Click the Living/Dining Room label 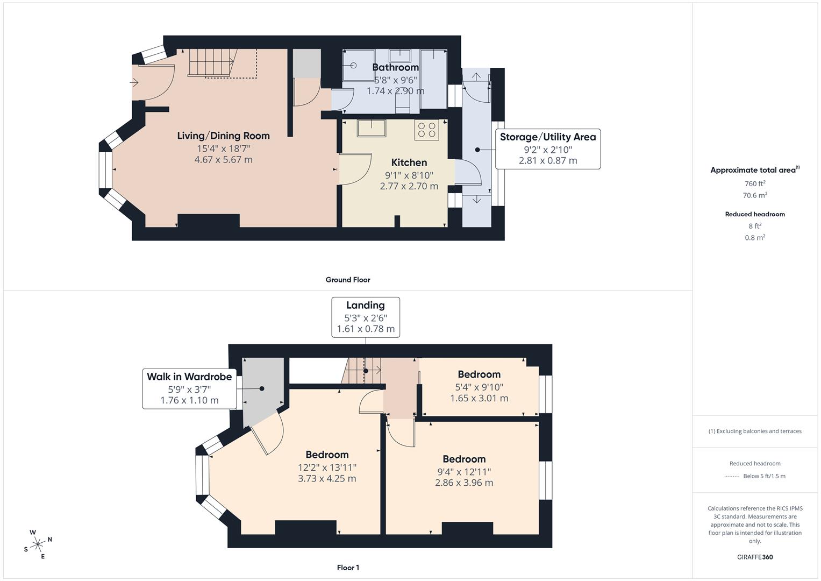(223, 136)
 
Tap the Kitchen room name (409, 162)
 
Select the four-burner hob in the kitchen (426, 130)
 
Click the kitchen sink (372, 129)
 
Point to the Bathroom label (395, 67)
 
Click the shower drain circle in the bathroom (354, 66)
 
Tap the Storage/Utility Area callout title (547, 137)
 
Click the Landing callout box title (365, 306)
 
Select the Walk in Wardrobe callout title (189, 377)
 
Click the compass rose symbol (38, 544)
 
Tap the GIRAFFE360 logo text (754, 557)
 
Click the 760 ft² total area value (754, 183)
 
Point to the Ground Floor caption (347, 280)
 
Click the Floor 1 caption (347, 568)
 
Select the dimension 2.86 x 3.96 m (463, 483)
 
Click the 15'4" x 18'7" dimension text (223, 148)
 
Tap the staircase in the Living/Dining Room (212, 62)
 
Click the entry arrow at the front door (134, 82)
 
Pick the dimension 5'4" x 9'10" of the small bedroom (479, 387)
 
